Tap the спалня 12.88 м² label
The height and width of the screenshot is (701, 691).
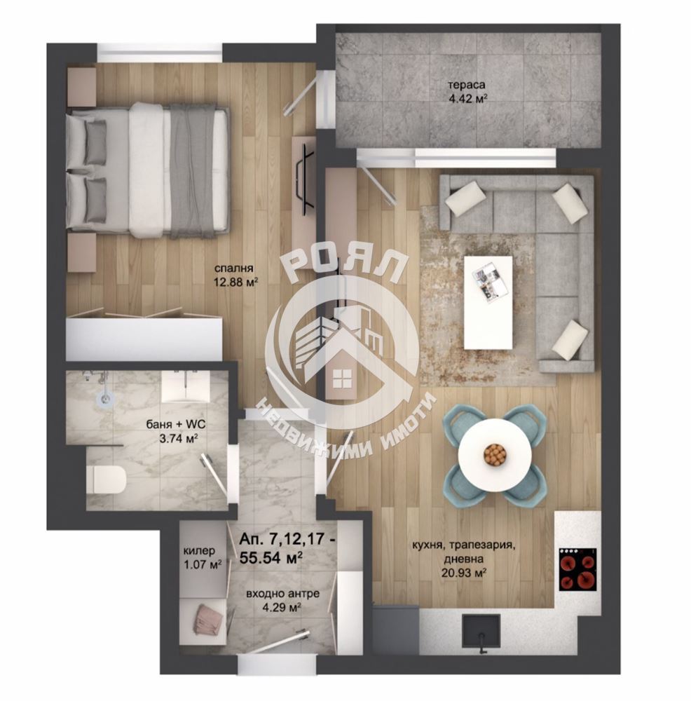(x=235, y=275)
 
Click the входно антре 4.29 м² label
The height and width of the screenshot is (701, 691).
(x=283, y=601)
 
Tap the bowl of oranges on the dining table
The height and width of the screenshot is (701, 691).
(x=495, y=454)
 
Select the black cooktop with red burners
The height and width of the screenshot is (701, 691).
(x=578, y=569)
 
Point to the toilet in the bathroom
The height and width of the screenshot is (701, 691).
(x=106, y=480)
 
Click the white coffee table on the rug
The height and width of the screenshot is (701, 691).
(x=488, y=302)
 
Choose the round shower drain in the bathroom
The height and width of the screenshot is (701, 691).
(x=104, y=400)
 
